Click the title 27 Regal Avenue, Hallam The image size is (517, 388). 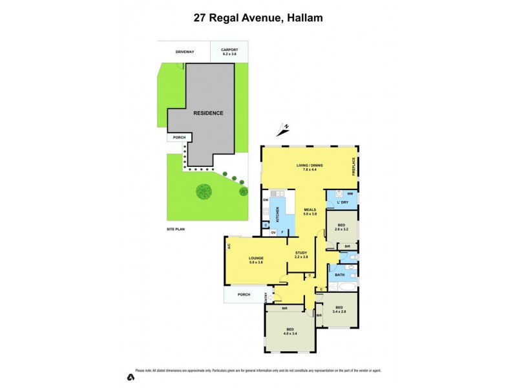click(258, 18)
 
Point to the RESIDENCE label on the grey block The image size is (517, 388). click(208, 113)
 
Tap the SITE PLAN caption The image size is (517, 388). click(176, 230)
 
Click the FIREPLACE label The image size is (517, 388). click(354, 166)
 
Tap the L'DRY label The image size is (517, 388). click(343, 203)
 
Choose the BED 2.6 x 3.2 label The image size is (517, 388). click(341, 227)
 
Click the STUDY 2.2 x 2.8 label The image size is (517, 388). click(301, 255)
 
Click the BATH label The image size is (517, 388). click(339, 275)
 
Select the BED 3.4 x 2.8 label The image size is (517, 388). click(339, 310)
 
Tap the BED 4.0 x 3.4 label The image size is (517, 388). click(290, 334)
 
